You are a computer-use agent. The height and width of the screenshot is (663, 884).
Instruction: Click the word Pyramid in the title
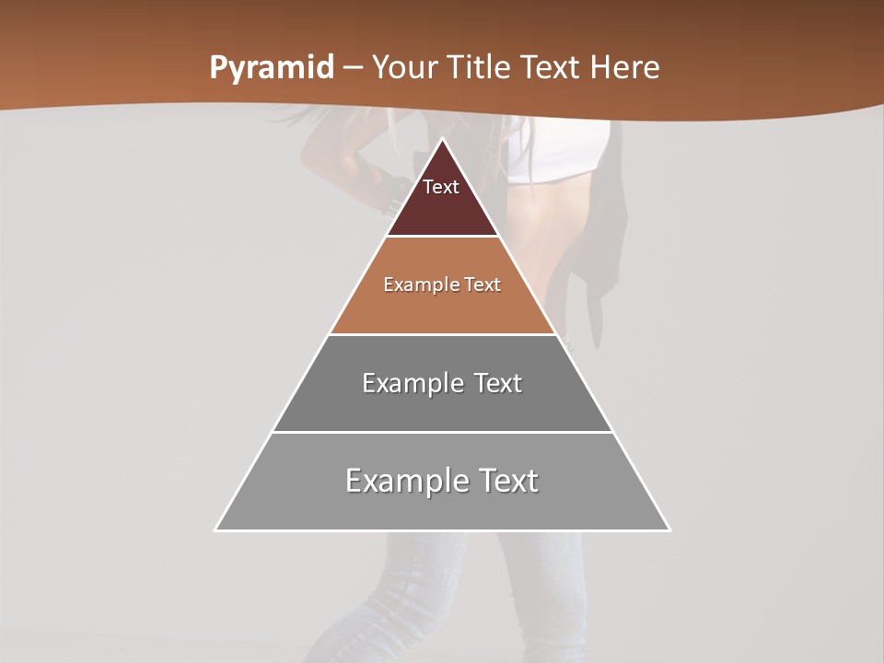(x=271, y=68)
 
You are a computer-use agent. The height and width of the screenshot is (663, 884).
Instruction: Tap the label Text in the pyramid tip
(x=441, y=187)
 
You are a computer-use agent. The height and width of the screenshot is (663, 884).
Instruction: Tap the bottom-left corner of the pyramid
(x=215, y=529)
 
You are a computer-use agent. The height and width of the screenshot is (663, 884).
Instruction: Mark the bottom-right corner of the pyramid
(x=669, y=529)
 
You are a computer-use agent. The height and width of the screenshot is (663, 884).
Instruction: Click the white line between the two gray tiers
(x=442, y=432)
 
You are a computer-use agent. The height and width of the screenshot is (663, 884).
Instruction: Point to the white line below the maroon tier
(x=442, y=237)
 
